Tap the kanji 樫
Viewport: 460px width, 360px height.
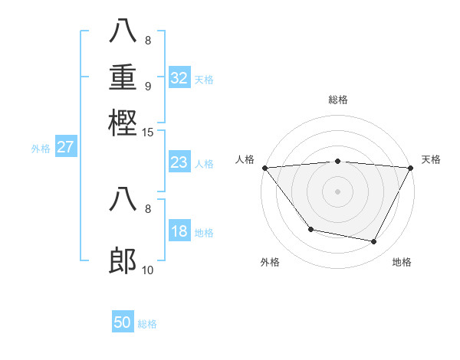click(x=123, y=122)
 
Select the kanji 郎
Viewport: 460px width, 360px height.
click(x=123, y=261)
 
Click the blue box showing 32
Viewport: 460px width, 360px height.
click(x=179, y=78)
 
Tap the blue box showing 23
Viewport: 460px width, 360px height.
click(x=179, y=162)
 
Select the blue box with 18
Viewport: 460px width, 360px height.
click(x=179, y=232)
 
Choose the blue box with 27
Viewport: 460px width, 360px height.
click(x=65, y=147)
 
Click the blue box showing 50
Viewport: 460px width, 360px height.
click(x=123, y=322)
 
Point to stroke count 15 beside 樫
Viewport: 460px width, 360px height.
click(x=148, y=133)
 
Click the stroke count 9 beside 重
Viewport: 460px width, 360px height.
click(x=148, y=87)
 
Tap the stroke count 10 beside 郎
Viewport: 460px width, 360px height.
click(x=148, y=270)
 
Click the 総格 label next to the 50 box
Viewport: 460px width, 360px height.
click(x=148, y=324)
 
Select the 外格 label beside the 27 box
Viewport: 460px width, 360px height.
click(x=41, y=149)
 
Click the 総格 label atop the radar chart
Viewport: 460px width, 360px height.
click(x=337, y=100)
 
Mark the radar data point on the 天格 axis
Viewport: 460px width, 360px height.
click(x=411, y=168)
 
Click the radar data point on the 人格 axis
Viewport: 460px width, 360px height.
click(x=264, y=168)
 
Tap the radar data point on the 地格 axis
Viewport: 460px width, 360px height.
click(x=374, y=241)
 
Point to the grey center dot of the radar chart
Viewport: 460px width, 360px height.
click(x=337, y=191)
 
